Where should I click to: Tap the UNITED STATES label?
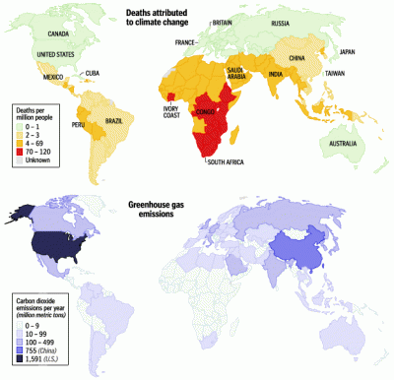(x=55, y=54)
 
